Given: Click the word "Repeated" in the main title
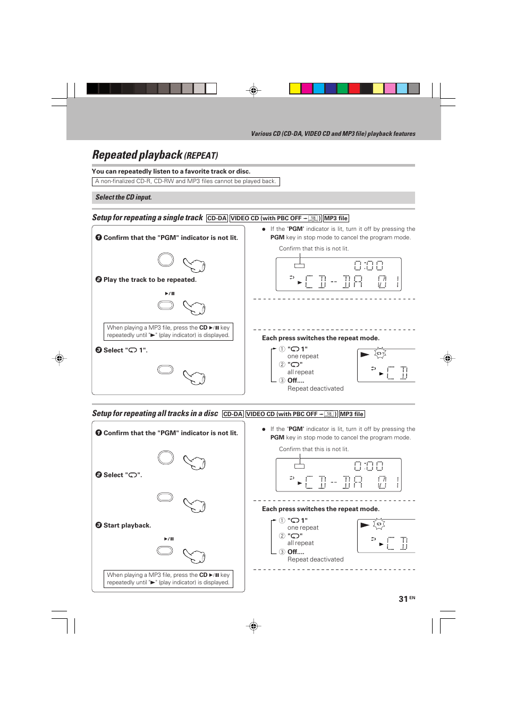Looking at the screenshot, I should [x=115, y=155].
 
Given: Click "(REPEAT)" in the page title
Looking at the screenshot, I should [x=201, y=156].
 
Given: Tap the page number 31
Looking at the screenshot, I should [x=403, y=599].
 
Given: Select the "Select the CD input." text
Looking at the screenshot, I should [x=124, y=197].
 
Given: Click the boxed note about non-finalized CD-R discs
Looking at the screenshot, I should [x=185, y=182].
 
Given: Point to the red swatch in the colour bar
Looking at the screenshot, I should [x=354, y=89].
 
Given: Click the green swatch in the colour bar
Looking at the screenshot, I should [x=342, y=89].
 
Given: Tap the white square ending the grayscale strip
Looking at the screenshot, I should [x=211, y=89].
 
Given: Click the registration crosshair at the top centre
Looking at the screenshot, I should [x=253, y=91].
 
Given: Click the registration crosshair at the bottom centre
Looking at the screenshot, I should [x=253, y=626].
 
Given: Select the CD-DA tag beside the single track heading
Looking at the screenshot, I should [x=217, y=219].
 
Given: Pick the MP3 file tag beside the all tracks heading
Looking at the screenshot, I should [x=352, y=414].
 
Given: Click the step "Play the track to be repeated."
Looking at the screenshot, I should [x=150, y=280].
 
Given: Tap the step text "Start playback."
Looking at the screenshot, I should [x=127, y=525].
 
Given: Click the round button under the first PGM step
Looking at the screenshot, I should [x=166, y=260].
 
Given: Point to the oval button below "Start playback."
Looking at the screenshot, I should [x=165, y=551].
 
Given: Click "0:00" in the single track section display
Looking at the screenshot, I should [x=368, y=265].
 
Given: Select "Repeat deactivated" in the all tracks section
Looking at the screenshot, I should [x=315, y=559].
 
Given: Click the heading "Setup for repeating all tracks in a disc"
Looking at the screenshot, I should [x=155, y=413].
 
